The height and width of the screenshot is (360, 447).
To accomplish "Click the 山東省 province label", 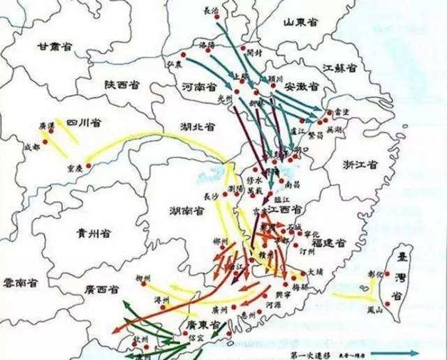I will (300, 23).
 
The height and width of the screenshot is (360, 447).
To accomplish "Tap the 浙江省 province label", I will (360, 165).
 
